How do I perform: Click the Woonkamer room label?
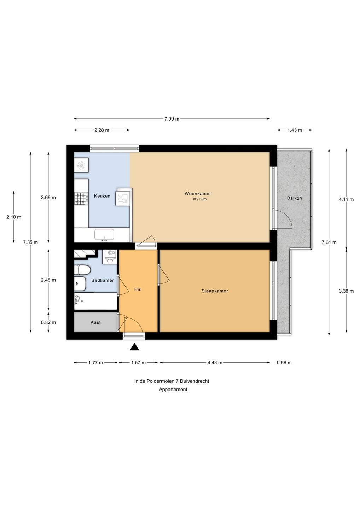(x=198, y=194)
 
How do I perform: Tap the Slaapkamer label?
(x=215, y=291)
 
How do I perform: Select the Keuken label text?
(x=102, y=196)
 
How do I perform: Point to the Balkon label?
(x=294, y=198)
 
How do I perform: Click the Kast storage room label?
(x=95, y=322)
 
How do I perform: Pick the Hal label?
(x=138, y=289)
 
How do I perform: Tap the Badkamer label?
(x=103, y=280)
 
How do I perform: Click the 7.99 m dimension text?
(x=172, y=119)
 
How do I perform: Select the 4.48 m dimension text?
(x=215, y=363)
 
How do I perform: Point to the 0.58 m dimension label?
(x=284, y=363)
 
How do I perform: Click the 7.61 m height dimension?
(x=329, y=242)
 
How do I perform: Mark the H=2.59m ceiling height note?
(x=199, y=199)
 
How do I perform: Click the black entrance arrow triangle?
(x=134, y=347)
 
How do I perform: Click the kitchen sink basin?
(x=104, y=234)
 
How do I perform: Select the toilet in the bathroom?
(x=82, y=270)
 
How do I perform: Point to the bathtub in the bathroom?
(x=95, y=301)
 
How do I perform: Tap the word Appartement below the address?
(x=173, y=390)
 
